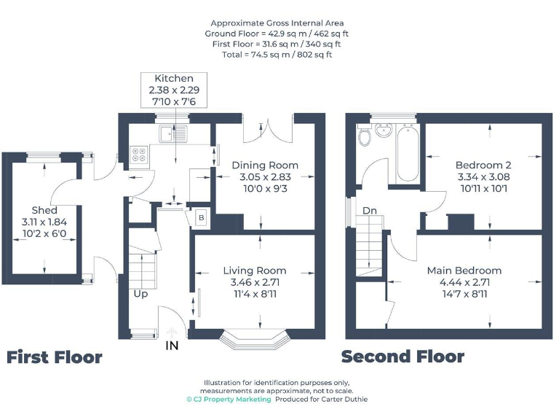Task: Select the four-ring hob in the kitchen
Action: (x=138, y=155)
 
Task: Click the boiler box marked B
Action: (x=202, y=217)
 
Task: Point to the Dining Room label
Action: (x=265, y=165)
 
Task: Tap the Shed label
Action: (x=44, y=210)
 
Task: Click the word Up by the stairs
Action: (x=140, y=293)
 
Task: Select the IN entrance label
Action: (x=172, y=346)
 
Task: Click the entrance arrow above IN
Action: (x=172, y=332)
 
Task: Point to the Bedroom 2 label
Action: (x=483, y=165)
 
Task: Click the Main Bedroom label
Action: (x=464, y=271)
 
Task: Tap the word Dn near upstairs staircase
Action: (x=370, y=211)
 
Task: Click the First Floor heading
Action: (x=55, y=357)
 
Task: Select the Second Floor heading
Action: (x=403, y=357)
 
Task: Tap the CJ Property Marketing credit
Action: (x=229, y=399)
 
